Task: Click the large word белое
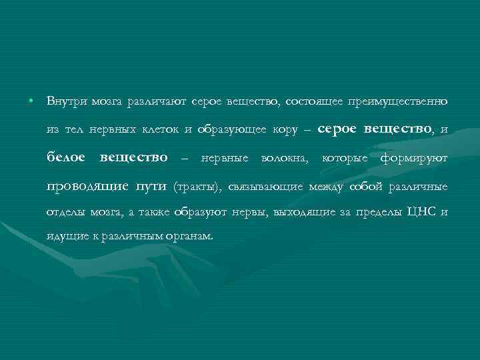(x=67, y=157)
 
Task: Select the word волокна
(x=287, y=158)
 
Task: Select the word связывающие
(x=265, y=186)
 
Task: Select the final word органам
(x=190, y=237)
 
